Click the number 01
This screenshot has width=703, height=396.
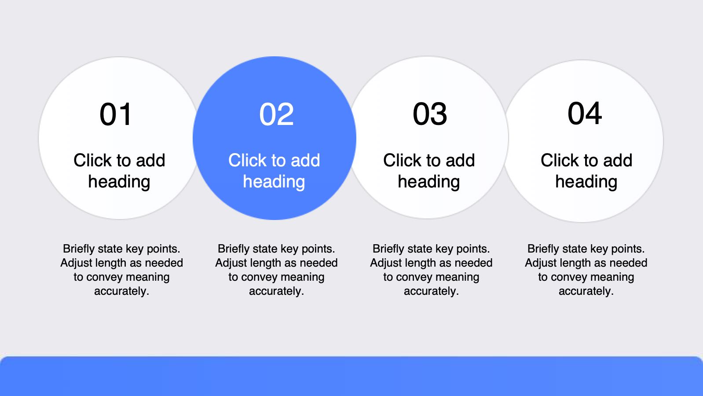115,114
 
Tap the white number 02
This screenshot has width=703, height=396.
276,114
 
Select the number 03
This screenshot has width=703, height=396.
430,114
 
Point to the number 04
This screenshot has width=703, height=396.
585,113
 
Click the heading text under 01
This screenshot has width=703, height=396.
119,171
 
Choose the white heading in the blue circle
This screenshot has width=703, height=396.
275,171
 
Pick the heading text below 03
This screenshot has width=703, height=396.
429,171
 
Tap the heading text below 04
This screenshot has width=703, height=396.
586,171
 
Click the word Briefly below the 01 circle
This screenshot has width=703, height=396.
79,249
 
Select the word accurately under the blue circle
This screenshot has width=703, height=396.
276,291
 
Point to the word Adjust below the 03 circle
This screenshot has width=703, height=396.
385,263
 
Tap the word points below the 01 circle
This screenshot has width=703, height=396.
164,249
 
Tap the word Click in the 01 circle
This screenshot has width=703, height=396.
92,160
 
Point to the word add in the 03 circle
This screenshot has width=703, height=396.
461,160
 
